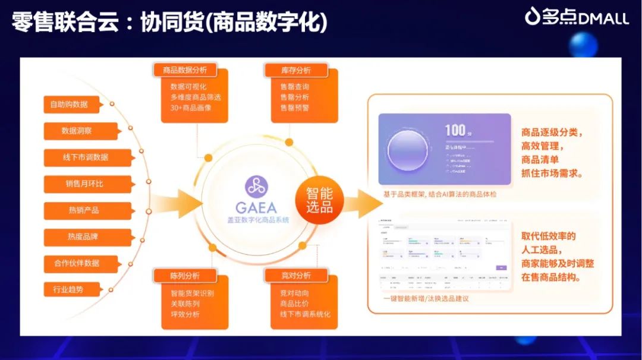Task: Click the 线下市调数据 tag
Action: pos(87,157)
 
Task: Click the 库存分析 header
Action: pos(296,70)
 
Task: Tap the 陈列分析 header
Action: pos(185,276)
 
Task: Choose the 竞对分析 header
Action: pos(296,276)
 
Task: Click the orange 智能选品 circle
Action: pos(320,201)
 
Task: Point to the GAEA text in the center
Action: pos(256,207)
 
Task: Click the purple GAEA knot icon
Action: pos(256,187)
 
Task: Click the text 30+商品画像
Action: pos(191,108)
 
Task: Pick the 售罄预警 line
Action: pos(295,108)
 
